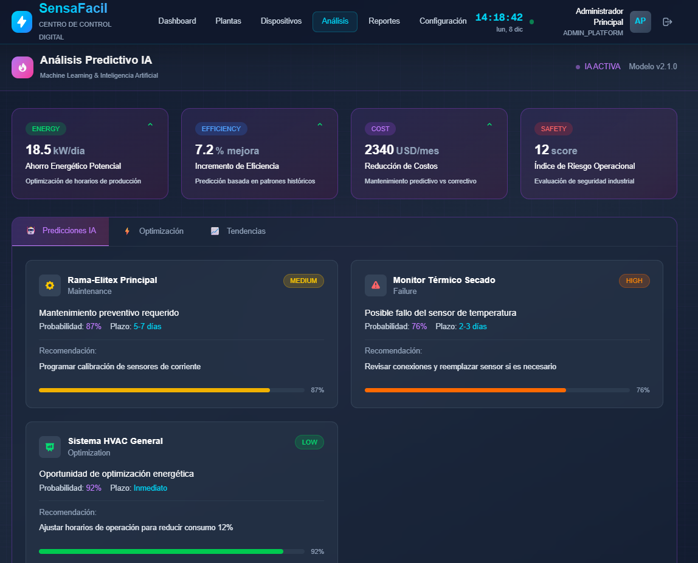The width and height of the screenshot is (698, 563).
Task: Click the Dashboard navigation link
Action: (x=177, y=21)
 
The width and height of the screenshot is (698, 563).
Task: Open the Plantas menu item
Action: (x=228, y=21)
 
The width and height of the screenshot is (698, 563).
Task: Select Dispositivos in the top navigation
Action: (x=281, y=21)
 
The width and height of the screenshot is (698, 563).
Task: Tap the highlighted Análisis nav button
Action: (x=335, y=21)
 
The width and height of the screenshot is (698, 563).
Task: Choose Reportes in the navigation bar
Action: (x=384, y=21)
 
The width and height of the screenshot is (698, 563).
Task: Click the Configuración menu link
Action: (x=443, y=21)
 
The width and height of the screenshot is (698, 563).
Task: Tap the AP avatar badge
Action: (x=640, y=21)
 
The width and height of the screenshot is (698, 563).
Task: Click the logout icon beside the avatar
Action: (x=667, y=22)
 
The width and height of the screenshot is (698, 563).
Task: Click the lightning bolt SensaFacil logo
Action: (x=22, y=22)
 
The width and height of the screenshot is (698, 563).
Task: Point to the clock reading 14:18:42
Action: (x=499, y=18)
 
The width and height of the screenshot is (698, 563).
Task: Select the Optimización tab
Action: (x=161, y=231)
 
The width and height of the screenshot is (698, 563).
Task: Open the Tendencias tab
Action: (x=246, y=231)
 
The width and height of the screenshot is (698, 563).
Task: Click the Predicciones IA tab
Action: (x=69, y=231)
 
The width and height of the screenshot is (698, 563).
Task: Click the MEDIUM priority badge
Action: (x=303, y=281)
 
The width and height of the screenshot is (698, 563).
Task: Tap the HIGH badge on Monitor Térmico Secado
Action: (x=634, y=281)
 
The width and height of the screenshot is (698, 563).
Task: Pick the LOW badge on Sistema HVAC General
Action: (x=309, y=442)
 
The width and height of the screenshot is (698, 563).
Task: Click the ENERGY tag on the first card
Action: (x=46, y=129)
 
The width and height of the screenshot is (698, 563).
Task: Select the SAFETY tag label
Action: (x=553, y=129)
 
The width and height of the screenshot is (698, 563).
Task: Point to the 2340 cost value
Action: (x=379, y=150)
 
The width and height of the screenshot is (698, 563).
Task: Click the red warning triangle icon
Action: (x=376, y=285)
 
